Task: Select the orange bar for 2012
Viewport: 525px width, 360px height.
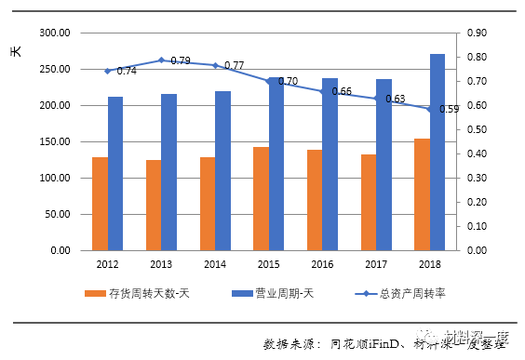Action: pos(100,204)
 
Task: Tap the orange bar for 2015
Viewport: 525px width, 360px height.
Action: pos(261,199)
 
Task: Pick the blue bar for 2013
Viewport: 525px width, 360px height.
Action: pos(169,172)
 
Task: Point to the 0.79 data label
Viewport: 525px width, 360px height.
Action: pos(180,61)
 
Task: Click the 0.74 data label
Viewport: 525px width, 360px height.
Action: pos(127,72)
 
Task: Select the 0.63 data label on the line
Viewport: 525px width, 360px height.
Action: pos(395,99)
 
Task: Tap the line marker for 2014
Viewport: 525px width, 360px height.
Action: pos(215,65)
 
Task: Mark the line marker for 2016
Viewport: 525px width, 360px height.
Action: pos(322,91)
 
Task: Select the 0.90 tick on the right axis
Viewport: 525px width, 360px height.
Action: pos(477,33)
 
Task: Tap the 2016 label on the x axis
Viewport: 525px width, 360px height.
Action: pos(322,264)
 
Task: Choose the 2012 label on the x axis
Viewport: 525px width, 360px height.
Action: pos(107,264)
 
